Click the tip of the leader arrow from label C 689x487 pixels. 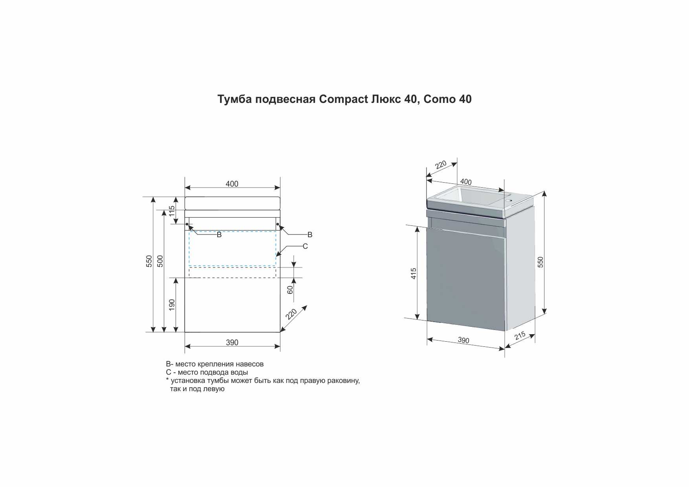[276, 256]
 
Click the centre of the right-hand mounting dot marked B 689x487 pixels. [278, 225]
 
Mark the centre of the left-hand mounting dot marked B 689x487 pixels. [187, 225]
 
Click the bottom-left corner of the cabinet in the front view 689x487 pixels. [185, 332]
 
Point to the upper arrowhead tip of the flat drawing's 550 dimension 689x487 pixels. [153, 197]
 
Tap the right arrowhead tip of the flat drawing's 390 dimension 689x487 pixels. [280, 346]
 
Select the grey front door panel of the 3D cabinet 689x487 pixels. [465, 279]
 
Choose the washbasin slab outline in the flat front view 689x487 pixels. [233, 203]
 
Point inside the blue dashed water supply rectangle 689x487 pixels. [233, 249]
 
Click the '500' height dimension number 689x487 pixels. [160, 261]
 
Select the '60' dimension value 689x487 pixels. [290, 290]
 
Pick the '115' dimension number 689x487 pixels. [172, 211]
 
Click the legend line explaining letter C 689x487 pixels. [207, 372]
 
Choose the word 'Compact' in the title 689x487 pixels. [343, 99]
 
